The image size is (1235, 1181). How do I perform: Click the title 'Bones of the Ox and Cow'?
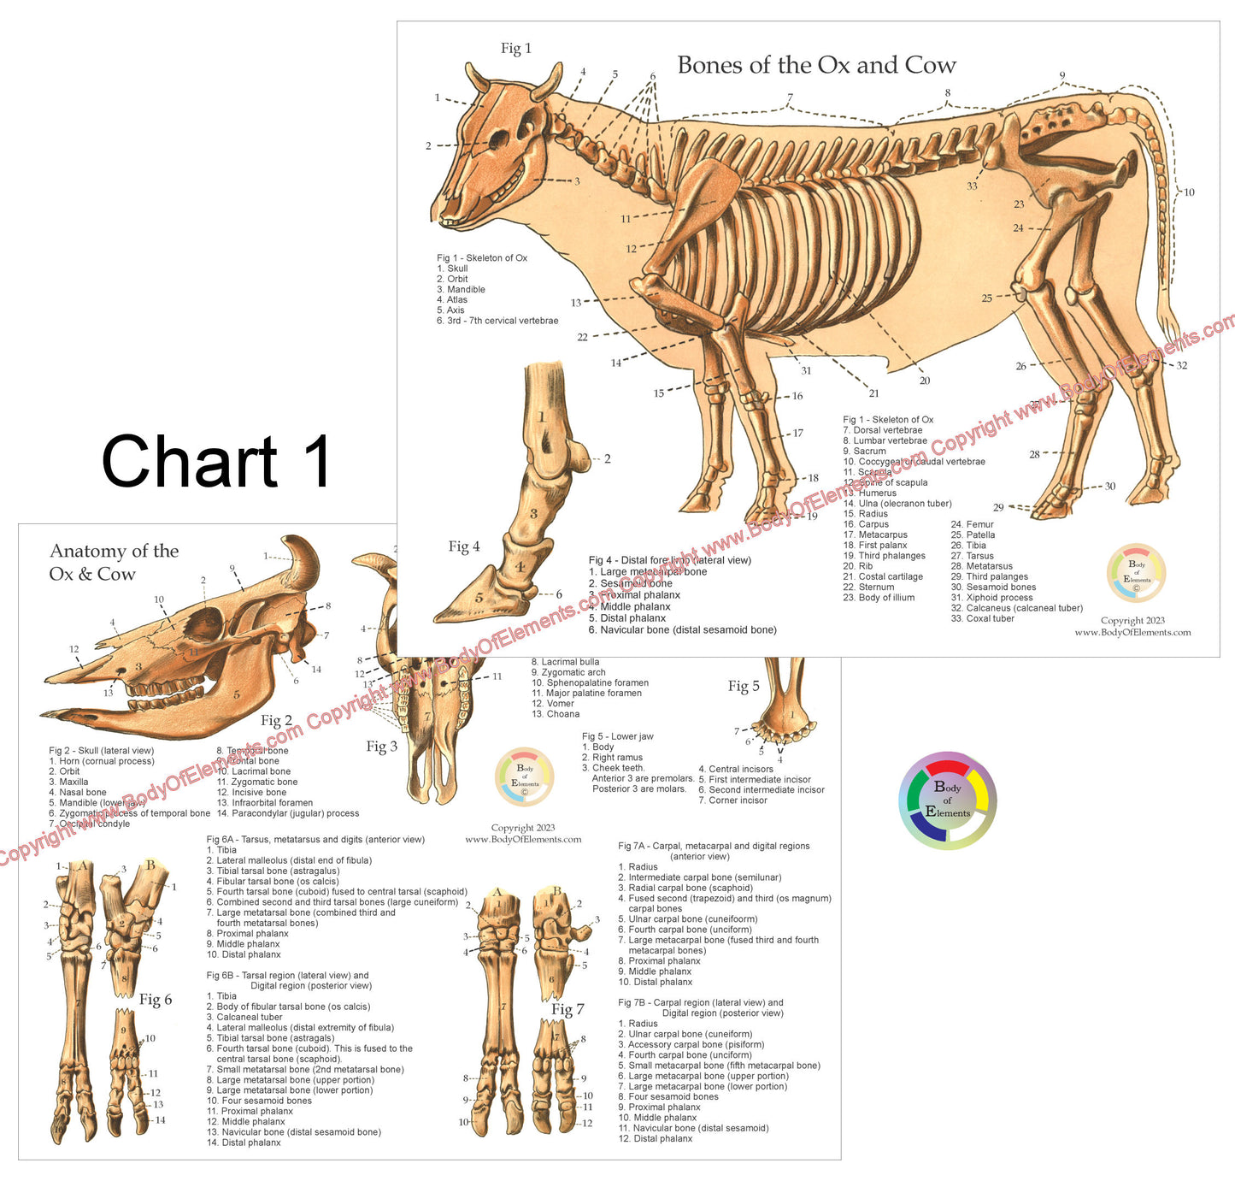tap(816, 65)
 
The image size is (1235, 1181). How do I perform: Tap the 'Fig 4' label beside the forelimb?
tap(464, 546)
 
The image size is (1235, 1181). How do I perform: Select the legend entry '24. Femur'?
tap(973, 524)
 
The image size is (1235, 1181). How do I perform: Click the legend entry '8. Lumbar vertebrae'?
tap(885, 440)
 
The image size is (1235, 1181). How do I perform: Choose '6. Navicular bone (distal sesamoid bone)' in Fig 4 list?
tap(682, 629)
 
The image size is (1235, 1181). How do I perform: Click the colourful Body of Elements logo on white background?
tap(947, 800)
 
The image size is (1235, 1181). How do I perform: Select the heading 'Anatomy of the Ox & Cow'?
tap(114, 562)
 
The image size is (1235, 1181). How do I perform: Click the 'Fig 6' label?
tap(156, 999)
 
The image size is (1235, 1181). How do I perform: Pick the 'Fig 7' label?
tap(568, 1009)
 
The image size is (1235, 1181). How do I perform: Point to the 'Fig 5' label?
tap(744, 686)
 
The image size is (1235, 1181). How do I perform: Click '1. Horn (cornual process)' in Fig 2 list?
tap(102, 761)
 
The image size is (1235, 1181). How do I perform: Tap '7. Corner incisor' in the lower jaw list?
tap(732, 800)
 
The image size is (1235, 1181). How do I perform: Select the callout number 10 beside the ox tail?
tap(1189, 192)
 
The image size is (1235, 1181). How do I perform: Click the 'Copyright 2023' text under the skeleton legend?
tap(1132, 621)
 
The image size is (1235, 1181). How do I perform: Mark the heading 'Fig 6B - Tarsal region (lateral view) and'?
tap(287, 975)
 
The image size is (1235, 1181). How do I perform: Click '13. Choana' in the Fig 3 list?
tap(556, 714)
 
